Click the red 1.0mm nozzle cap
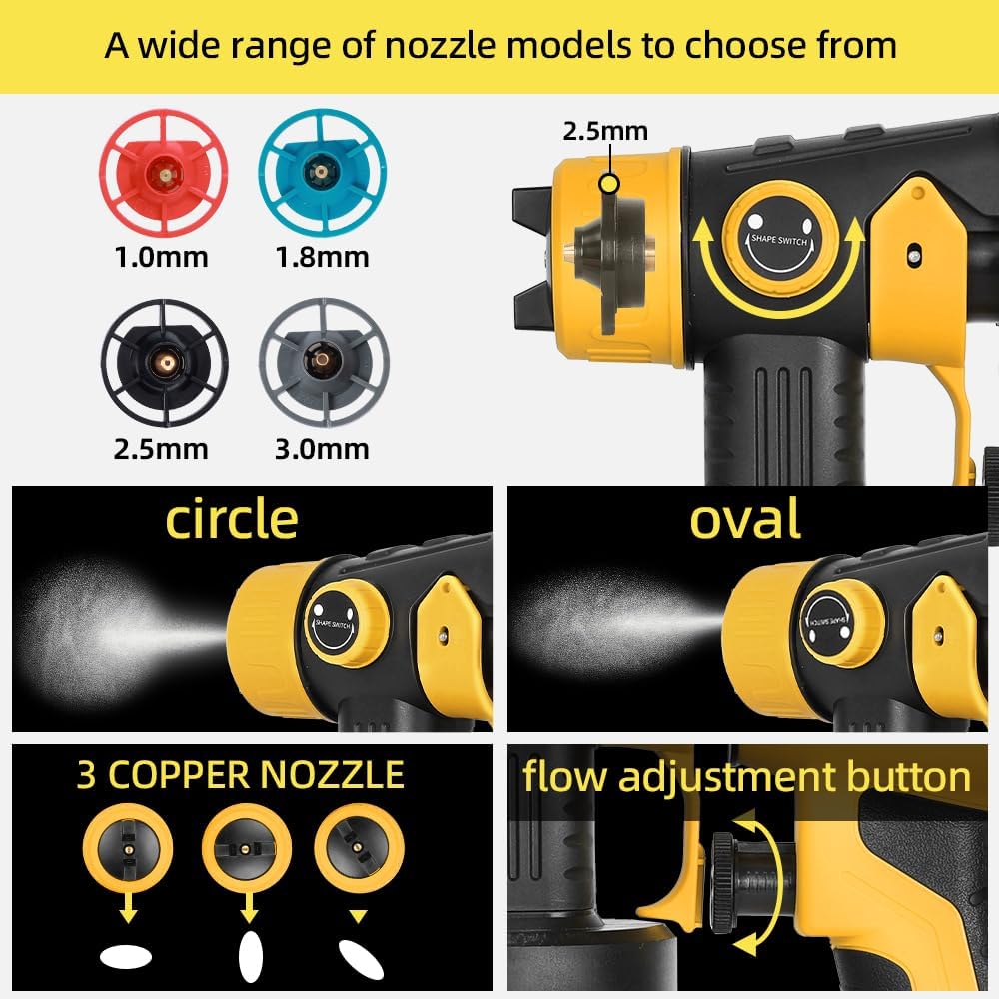(164, 173)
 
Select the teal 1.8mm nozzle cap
(323, 172)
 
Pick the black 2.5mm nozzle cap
(165, 362)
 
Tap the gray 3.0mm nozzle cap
(324, 362)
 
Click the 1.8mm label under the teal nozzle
(323, 258)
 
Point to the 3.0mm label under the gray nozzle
(323, 450)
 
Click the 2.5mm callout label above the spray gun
(605, 131)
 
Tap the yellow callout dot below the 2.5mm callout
(609, 184)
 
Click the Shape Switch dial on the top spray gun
(779, 240)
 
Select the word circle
(232, 519)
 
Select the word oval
(745, 519)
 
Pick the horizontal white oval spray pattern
(126, 956)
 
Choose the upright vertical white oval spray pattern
(250, 957)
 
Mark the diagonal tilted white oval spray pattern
(361, 959)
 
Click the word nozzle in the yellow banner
(440, 46)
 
